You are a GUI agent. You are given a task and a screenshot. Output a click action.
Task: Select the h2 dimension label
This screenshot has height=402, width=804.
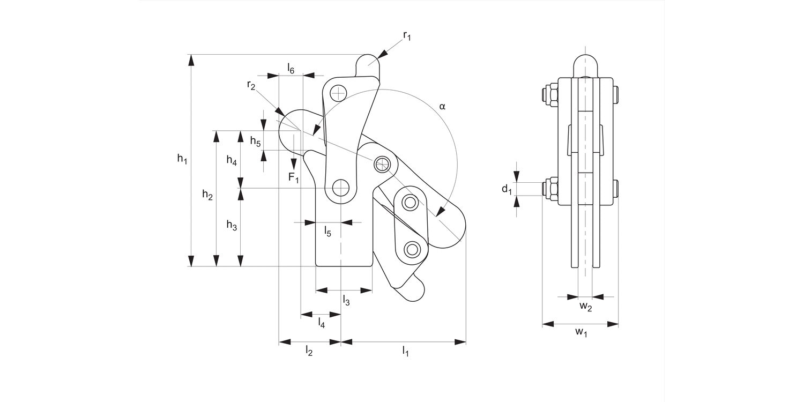pyautogui.click(x=207, y=195)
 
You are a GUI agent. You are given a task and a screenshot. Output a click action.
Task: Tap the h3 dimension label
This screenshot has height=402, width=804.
pyautogui.click(x=232, y=226)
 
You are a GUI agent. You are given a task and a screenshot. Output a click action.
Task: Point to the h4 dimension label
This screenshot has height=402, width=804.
pyautogui.click(x=232, y=160)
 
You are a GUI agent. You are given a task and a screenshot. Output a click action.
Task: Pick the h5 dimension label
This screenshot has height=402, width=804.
pyautogui.click(x=256, y=142)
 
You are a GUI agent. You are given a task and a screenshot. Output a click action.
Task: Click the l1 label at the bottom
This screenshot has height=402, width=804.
pyautogui.click(x=406, y=352)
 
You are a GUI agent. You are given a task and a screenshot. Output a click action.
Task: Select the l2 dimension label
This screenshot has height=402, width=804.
pyautogui.click(x=309, y=352)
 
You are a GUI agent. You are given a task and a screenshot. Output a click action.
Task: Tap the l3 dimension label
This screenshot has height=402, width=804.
pyautogui.click(x=346, y=301)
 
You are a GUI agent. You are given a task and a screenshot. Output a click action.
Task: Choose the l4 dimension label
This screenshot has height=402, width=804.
pyautogui.click(x=321, y=322)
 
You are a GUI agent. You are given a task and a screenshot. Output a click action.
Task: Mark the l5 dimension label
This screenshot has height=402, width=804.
pyautogui.click(x=327, y=232)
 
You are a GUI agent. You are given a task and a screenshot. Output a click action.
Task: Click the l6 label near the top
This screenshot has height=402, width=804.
pyautogui.click(x=291, y=68)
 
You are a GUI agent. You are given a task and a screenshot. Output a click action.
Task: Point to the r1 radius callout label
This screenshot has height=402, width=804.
pyautogui.click(x=407, y=36)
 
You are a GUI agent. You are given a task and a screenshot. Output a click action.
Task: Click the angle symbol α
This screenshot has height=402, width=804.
pyautogui.click(x=442, y=107)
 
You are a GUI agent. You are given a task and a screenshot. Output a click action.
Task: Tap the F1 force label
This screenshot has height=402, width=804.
pyautogui.click(x=293, y=177)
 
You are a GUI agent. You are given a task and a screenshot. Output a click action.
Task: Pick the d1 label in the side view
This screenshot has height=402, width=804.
pyautogui.click(x=507, y=189)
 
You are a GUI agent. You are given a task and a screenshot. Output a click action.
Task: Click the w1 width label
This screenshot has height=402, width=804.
pyautogui.click(x=581, y=333)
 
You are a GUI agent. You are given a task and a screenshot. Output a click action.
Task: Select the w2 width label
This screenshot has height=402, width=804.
pyautogui.click(x=585, y=307)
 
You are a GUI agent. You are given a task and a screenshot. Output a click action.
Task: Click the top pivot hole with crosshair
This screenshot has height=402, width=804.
pyautogui.click(x=338, y=94)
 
